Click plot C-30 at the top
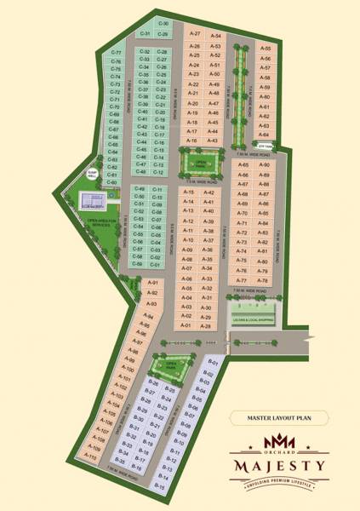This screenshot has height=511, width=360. (164, 24)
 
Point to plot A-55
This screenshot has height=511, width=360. (265, 49)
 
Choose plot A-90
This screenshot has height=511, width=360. (265, 164)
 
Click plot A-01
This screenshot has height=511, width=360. (186, 325)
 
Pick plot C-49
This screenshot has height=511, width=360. (140, 188)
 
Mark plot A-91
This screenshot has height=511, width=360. (154, 283)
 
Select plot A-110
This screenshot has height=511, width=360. (90, 456)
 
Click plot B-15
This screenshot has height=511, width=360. (160, 485)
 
